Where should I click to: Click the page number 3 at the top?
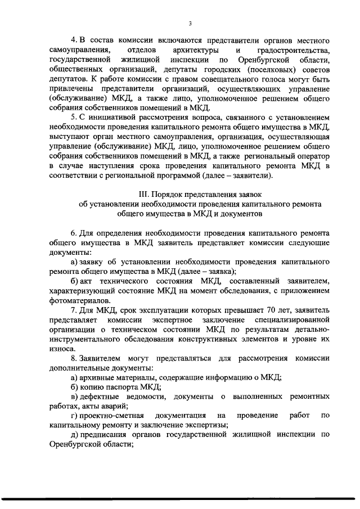190,24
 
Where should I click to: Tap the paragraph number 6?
73,233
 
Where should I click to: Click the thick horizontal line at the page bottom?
180,498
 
